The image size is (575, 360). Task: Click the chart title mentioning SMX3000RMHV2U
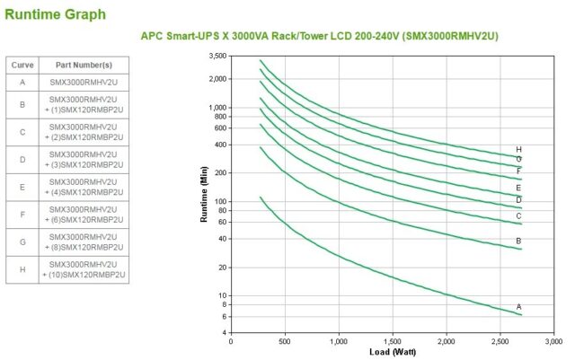(x=319, y=36)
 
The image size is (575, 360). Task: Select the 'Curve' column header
(x=22, y=65)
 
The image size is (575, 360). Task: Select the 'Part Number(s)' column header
(x=83, y=65)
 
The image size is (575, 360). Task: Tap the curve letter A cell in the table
(x=22, y=82)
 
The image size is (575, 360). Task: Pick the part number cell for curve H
(x=83, y=269)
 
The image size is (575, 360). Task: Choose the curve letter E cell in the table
(x=22, y=189)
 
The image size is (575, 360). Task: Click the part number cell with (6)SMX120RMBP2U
(x=83, y=215)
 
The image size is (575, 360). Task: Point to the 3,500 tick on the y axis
(x=217, y=56)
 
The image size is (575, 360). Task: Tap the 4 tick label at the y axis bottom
(x=224, y=332)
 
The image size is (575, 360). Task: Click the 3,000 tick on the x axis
(x=554, y=341)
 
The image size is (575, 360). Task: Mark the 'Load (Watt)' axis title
(x=392, y=352)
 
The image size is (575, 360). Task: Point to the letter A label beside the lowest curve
(x=518, y=307)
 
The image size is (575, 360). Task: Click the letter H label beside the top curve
(x=518, y=150)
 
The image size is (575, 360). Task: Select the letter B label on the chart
(x=518, y=241)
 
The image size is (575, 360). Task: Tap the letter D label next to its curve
(x=518, y=199)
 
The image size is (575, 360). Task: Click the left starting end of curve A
(x=260, y=198)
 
